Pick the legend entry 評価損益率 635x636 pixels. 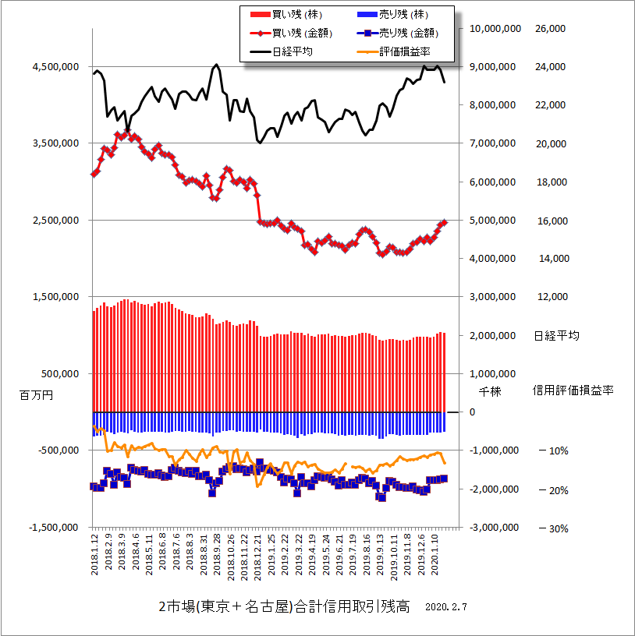coord(404,51)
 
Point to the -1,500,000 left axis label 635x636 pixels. coord(52,528)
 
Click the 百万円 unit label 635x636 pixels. coord(36,396)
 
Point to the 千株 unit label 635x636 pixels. coord(489,392)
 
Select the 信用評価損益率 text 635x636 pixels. coord(573,390)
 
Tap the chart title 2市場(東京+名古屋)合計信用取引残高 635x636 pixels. coord(283,606)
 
